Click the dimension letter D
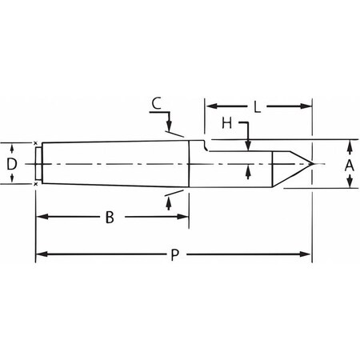pyautogui.click(x=11, y=164)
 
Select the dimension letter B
pyautogui.click(x=109, y=218)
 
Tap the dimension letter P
pyautogui.click(x=174, y=255)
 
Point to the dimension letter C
pyautogui.click(x=157, y=104)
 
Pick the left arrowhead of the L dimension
pyautogui.click(x=211, y=104)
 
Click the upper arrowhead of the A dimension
pyautogui.click(x=349, y=146)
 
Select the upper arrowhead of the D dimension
pyautogui.click(x=12, y=148)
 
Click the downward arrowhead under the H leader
pyautogui.click(x=250, y=145)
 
